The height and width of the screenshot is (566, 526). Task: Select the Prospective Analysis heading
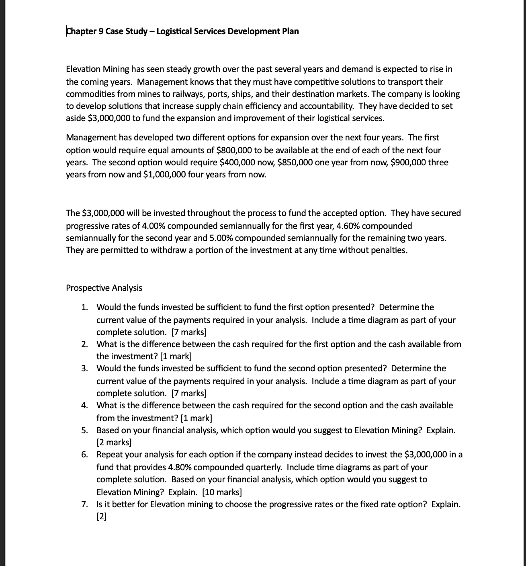point(104,288)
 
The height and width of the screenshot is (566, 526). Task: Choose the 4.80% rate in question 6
point(180,467)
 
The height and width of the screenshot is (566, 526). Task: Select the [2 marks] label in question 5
point(114,443)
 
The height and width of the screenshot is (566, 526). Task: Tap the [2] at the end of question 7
point(101,517)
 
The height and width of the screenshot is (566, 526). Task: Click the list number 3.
point(84,368)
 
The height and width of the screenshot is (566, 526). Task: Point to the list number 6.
point(84,455)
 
